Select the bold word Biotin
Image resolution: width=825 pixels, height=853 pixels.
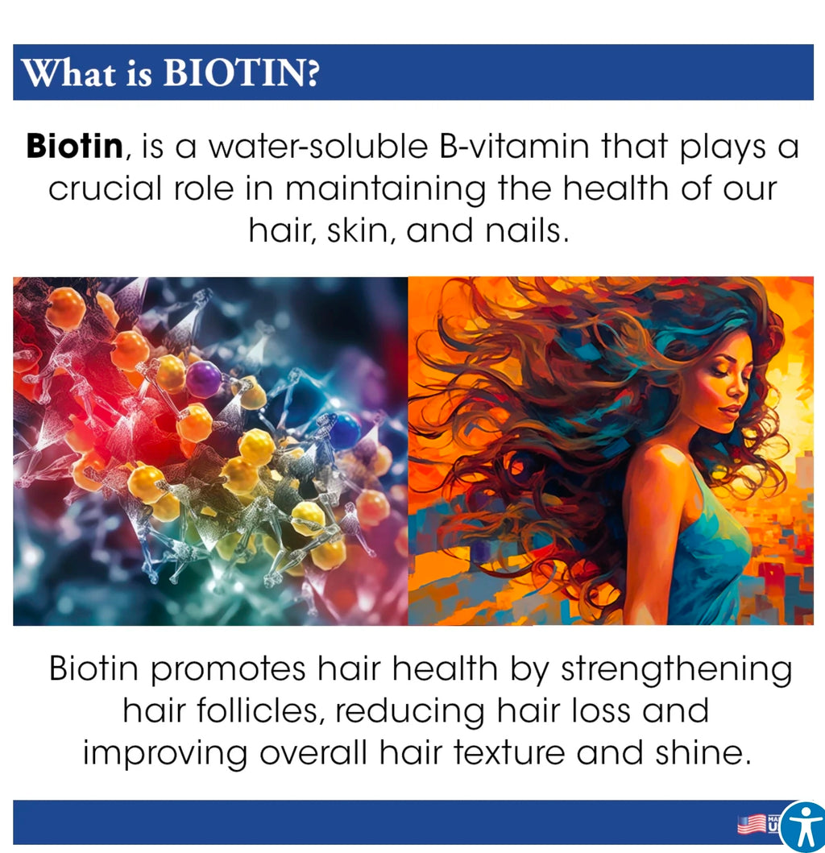(x=75, y=147)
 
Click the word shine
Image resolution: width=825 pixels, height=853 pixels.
(x=700, y=753)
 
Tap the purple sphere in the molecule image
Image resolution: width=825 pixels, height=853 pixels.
(x=203, y=379)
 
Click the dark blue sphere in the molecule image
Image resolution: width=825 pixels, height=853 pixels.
(x=343, y=430)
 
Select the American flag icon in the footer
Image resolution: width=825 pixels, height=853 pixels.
(x=751, y=824)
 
